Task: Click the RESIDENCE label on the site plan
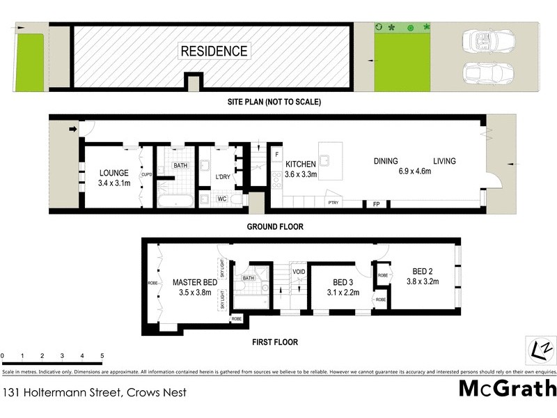214,51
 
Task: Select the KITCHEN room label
300,164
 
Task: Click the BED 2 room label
423,271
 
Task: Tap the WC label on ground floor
222,199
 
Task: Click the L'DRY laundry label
223,177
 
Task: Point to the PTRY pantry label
334,203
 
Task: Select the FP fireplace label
376,204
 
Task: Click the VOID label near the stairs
299,272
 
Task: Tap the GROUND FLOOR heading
275,227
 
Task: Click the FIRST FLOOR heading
274,342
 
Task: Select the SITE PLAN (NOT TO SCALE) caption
274,102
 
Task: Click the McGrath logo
507,388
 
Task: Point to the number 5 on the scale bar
102,356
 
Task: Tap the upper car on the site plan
487,42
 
